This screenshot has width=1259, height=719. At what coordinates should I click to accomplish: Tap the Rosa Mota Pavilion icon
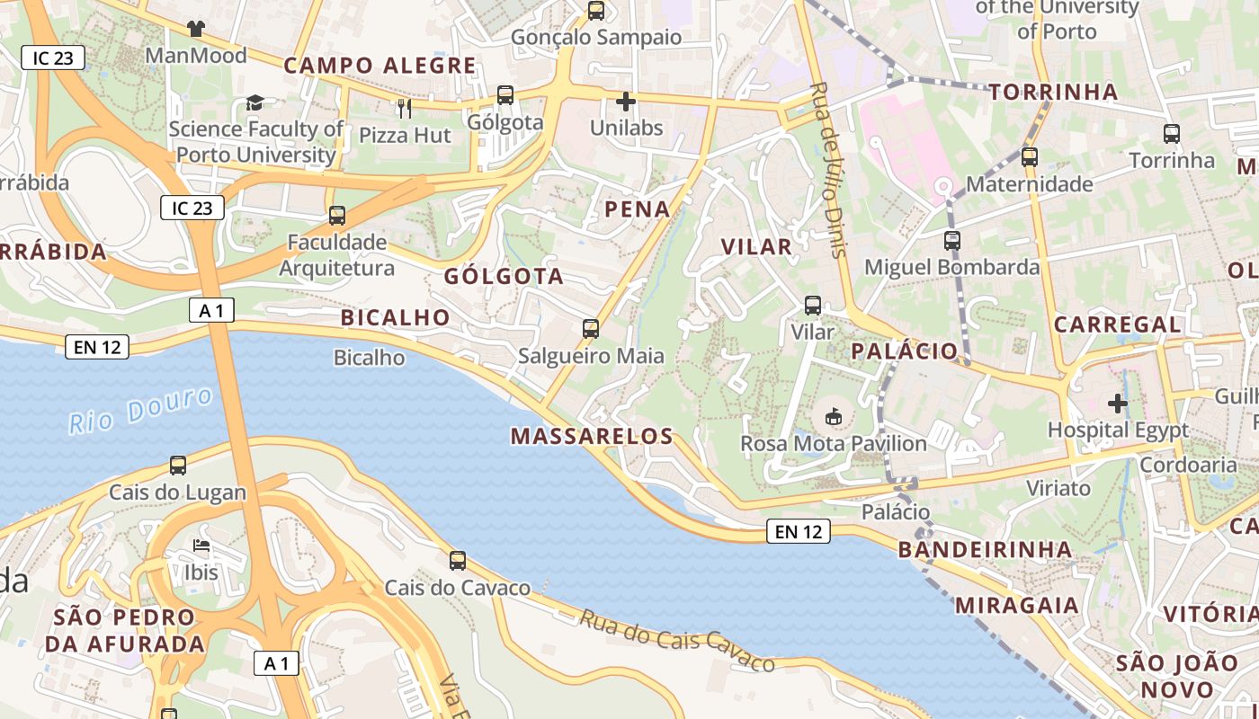point(833,416)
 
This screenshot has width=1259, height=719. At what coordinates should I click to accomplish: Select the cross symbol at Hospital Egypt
point(1118,404)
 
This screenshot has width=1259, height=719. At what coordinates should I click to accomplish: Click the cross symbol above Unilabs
point(626,102)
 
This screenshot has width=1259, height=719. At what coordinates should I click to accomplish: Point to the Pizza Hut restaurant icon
point(405,109)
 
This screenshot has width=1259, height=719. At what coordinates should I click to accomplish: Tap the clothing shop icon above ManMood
point(195,29)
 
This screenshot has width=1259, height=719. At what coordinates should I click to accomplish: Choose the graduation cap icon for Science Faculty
point(255,102)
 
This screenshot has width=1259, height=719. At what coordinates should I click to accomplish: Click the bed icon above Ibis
point(201,546)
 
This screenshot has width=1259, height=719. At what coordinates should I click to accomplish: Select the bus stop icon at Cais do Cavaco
point(458,561)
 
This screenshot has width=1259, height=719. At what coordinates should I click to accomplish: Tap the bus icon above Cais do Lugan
point(178,466)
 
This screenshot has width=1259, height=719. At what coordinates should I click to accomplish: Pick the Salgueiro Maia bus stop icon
point(591,329)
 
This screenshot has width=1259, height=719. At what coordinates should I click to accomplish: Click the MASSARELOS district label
point(592,437)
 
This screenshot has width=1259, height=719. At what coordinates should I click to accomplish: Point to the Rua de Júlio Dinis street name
point(829,170)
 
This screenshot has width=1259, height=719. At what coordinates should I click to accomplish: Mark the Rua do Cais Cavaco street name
point(676,641)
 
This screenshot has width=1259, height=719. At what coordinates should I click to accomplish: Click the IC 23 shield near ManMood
point(53,58)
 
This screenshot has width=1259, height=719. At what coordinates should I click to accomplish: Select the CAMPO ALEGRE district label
point(379,66)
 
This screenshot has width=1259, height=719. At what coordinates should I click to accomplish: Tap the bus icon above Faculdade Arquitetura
point(337,216)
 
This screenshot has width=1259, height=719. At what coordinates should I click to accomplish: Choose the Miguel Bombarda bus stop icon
point(952,241)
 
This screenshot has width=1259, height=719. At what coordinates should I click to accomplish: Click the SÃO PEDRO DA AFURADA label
point(125,630)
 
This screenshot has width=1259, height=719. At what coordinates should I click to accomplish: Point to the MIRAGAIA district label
point(1017,605)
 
